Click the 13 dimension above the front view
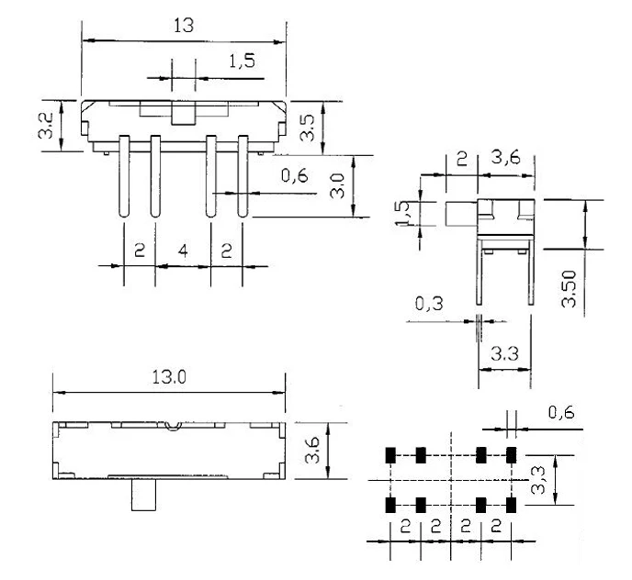coord(184,26)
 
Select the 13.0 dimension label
coord(169,377)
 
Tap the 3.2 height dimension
coord(46,126)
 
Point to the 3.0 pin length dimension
coord(337,185)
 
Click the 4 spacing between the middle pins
coord(183,251)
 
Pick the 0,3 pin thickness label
coord(429,304)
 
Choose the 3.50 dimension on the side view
coord(569,289)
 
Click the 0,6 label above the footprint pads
coord(561,412)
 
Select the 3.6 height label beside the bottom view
coord(312,451)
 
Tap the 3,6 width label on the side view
coord(506,158)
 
